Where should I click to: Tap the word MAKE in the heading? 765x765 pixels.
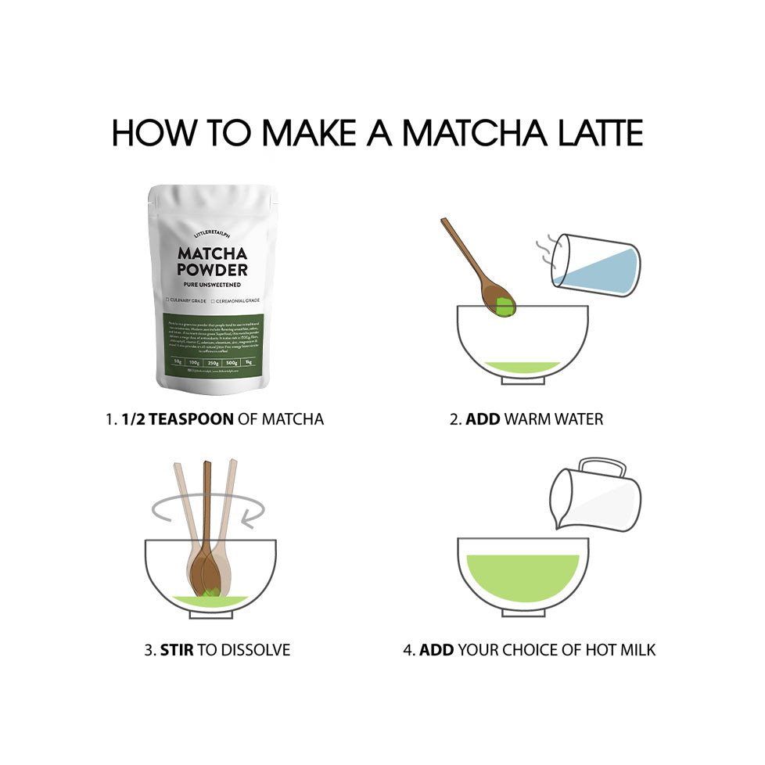click(x=309, y=133)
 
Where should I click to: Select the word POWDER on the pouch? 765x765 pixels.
click(x=213, y=270)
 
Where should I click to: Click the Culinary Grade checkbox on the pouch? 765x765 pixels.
click(x=168, y=300)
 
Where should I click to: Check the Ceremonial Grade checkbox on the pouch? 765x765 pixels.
click(x=214, y=300)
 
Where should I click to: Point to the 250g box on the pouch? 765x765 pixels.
click(x=213, y=362)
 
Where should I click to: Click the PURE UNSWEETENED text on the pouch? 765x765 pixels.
click(x=213, y=285)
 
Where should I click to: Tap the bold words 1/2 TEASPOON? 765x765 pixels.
click(x=178, y=419)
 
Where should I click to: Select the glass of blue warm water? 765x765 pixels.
click(x=596, y=267)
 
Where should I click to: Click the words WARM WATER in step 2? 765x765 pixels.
click(x=554, y=419)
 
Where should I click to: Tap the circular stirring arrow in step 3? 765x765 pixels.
click(x=207, y=509)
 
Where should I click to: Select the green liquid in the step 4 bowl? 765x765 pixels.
click(x=523, y=575)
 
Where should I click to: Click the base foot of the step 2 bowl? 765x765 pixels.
click(x=523, y=381)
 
